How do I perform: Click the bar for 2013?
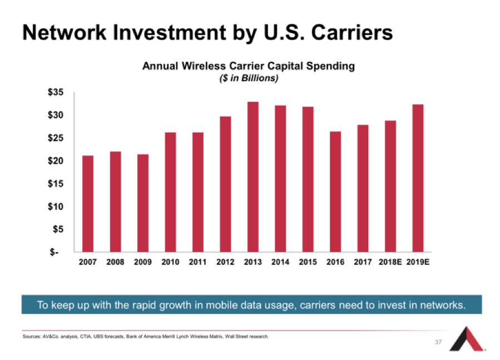pos(253,177)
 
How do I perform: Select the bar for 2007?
pos(88,204)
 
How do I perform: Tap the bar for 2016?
pos(335,191)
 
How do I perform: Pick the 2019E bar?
pos(418,178)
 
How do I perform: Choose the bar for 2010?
pos(170,192)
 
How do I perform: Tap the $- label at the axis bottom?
pos(57,252)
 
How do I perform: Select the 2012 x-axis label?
pos(225,262)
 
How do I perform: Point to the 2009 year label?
pos(143,262)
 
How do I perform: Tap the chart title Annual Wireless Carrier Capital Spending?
pos(248,66)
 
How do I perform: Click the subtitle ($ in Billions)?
pos(248,78)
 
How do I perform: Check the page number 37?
pos(438,342)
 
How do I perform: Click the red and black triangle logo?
pos(469,340)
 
